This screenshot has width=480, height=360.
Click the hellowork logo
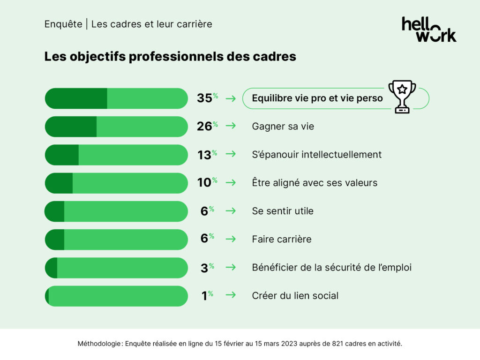point(428,30)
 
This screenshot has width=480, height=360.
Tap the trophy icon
point(402,96)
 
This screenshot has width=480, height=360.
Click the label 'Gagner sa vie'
point(283,127)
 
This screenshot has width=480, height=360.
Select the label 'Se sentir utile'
point(283,211)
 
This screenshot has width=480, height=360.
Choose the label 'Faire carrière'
point(281,239)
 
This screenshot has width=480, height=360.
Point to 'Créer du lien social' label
point(295,296)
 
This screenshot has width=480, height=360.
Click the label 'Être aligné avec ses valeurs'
point(315,183)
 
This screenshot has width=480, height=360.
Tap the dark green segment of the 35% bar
point(76,98)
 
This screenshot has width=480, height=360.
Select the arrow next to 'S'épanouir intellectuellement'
point(230,155)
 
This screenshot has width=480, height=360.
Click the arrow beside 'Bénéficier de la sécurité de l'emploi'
point(230,267)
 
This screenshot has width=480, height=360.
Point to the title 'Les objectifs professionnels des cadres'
point(170,56)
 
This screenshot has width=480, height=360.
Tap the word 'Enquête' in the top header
point(63,24)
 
